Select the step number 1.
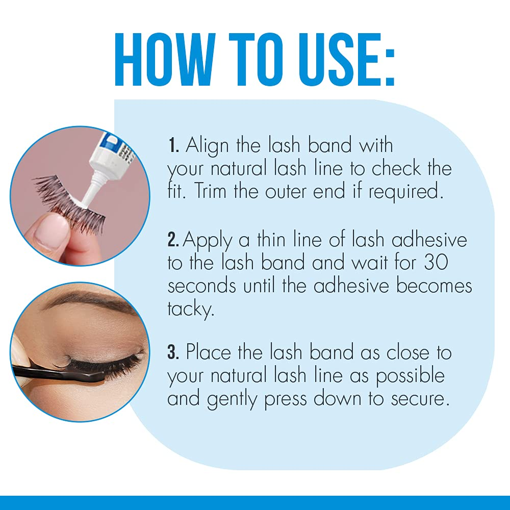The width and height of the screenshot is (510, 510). click(172, 146)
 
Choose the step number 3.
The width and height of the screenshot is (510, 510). click(173, 352)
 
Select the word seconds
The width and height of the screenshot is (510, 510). click(202, 286)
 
